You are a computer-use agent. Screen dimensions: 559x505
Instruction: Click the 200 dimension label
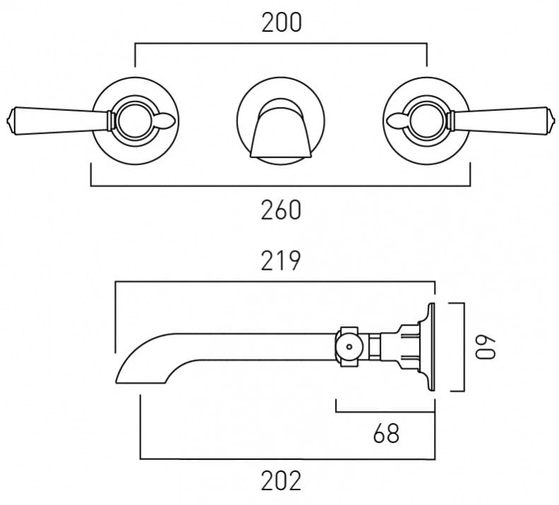282,23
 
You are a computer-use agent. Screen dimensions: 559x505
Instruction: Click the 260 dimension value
281,210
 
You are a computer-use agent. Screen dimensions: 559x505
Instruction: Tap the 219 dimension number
281,261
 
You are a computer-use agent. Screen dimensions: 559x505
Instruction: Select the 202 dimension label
281,481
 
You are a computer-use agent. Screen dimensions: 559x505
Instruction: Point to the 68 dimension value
386,434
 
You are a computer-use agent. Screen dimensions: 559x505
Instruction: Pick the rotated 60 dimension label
486,347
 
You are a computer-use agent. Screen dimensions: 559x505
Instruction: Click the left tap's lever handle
59,121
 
